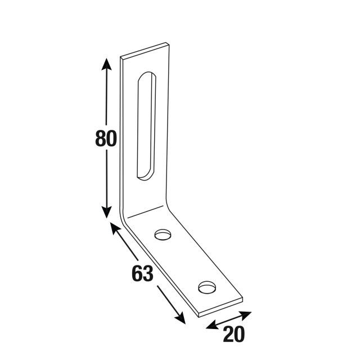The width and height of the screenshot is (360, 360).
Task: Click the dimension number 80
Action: point(106,138)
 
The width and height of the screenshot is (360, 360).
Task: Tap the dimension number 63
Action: point(142,273)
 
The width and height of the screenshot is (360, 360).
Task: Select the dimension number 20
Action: point(234,334)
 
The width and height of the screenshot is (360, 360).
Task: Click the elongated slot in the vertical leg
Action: point(147,126)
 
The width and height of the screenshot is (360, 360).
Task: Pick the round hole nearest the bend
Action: point(163,235)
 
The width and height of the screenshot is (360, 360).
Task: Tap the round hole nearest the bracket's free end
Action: point(208,287)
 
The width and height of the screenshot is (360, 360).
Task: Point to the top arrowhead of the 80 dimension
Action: point(106,64)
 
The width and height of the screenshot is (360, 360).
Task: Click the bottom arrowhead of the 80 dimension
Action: point(106,212)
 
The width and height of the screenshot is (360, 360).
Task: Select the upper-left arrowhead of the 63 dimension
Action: point(115,228)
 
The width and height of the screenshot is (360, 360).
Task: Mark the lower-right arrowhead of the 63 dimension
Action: point(180,318)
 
